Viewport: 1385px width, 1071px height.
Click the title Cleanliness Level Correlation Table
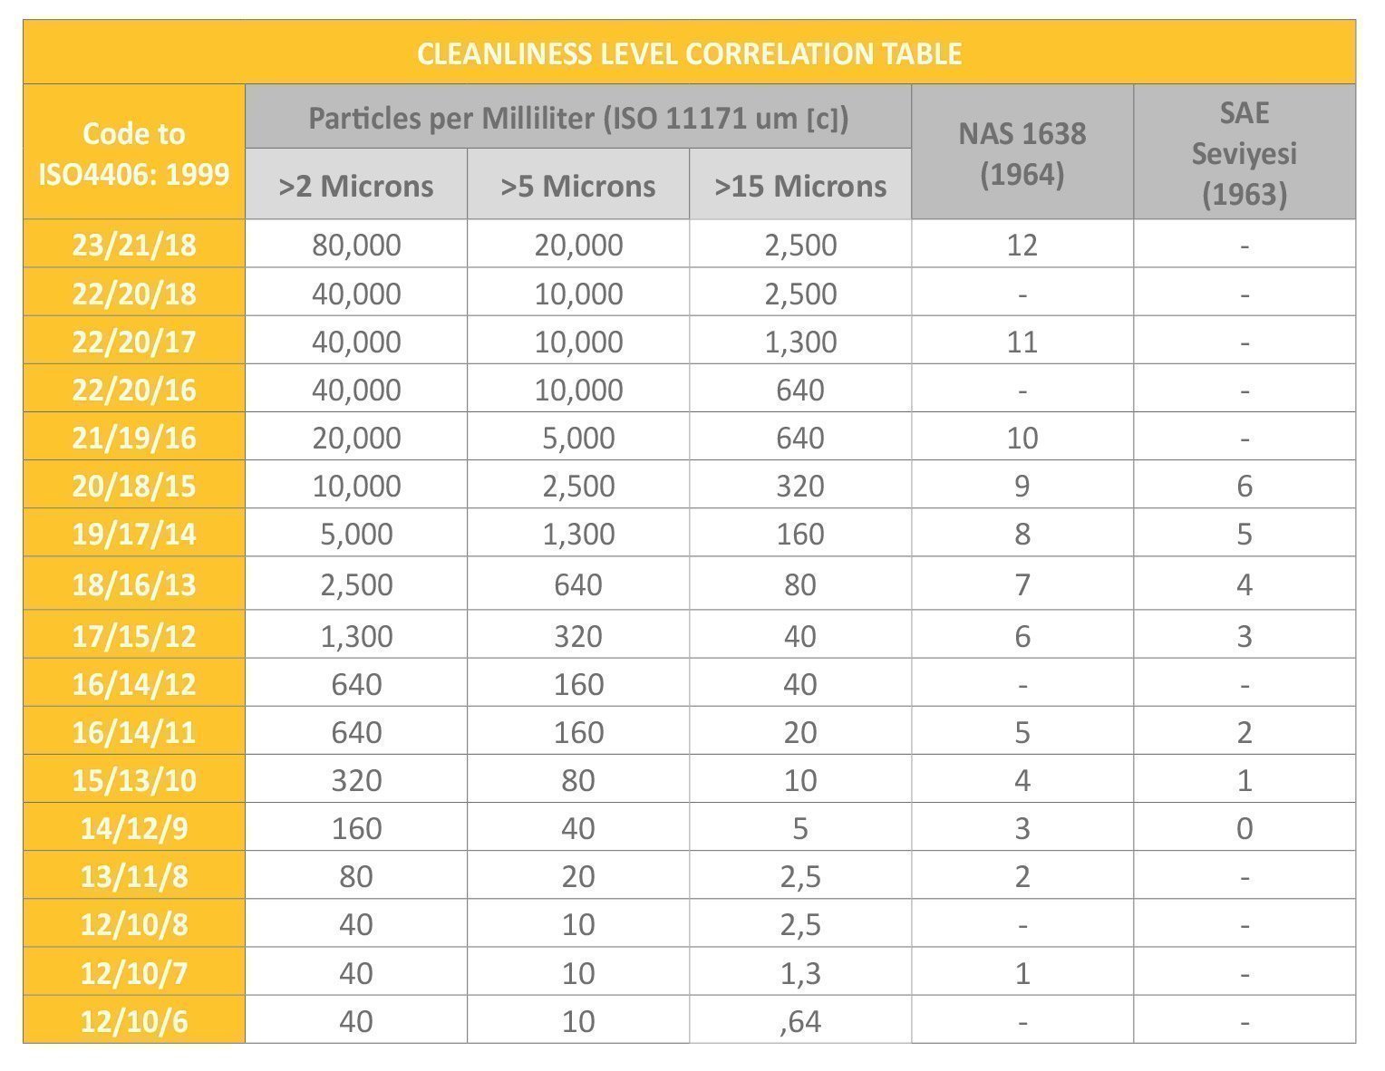689,53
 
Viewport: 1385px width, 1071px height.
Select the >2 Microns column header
356,186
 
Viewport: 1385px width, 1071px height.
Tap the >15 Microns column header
800,186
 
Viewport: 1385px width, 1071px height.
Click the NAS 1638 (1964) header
1022,153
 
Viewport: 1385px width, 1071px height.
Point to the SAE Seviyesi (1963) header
1244,153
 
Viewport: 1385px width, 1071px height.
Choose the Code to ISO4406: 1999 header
134,153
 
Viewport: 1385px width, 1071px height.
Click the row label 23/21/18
134,245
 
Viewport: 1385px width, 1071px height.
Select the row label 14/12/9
134,828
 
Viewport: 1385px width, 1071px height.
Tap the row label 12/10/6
134,1021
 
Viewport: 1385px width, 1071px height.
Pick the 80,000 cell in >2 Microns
356,245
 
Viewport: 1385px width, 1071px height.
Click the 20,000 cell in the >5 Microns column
578,245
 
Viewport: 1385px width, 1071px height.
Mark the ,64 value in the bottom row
800,1021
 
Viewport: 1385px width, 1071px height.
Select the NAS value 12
1022,245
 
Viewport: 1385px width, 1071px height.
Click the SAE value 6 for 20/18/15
1244,486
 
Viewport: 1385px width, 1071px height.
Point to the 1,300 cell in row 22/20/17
800,342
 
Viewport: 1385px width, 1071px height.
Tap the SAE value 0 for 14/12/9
1244,828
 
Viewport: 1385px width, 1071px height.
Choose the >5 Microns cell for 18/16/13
578,584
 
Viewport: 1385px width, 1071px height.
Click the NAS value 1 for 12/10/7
1022,973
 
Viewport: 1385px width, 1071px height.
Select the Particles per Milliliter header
578,118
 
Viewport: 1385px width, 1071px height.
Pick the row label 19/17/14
134,534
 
